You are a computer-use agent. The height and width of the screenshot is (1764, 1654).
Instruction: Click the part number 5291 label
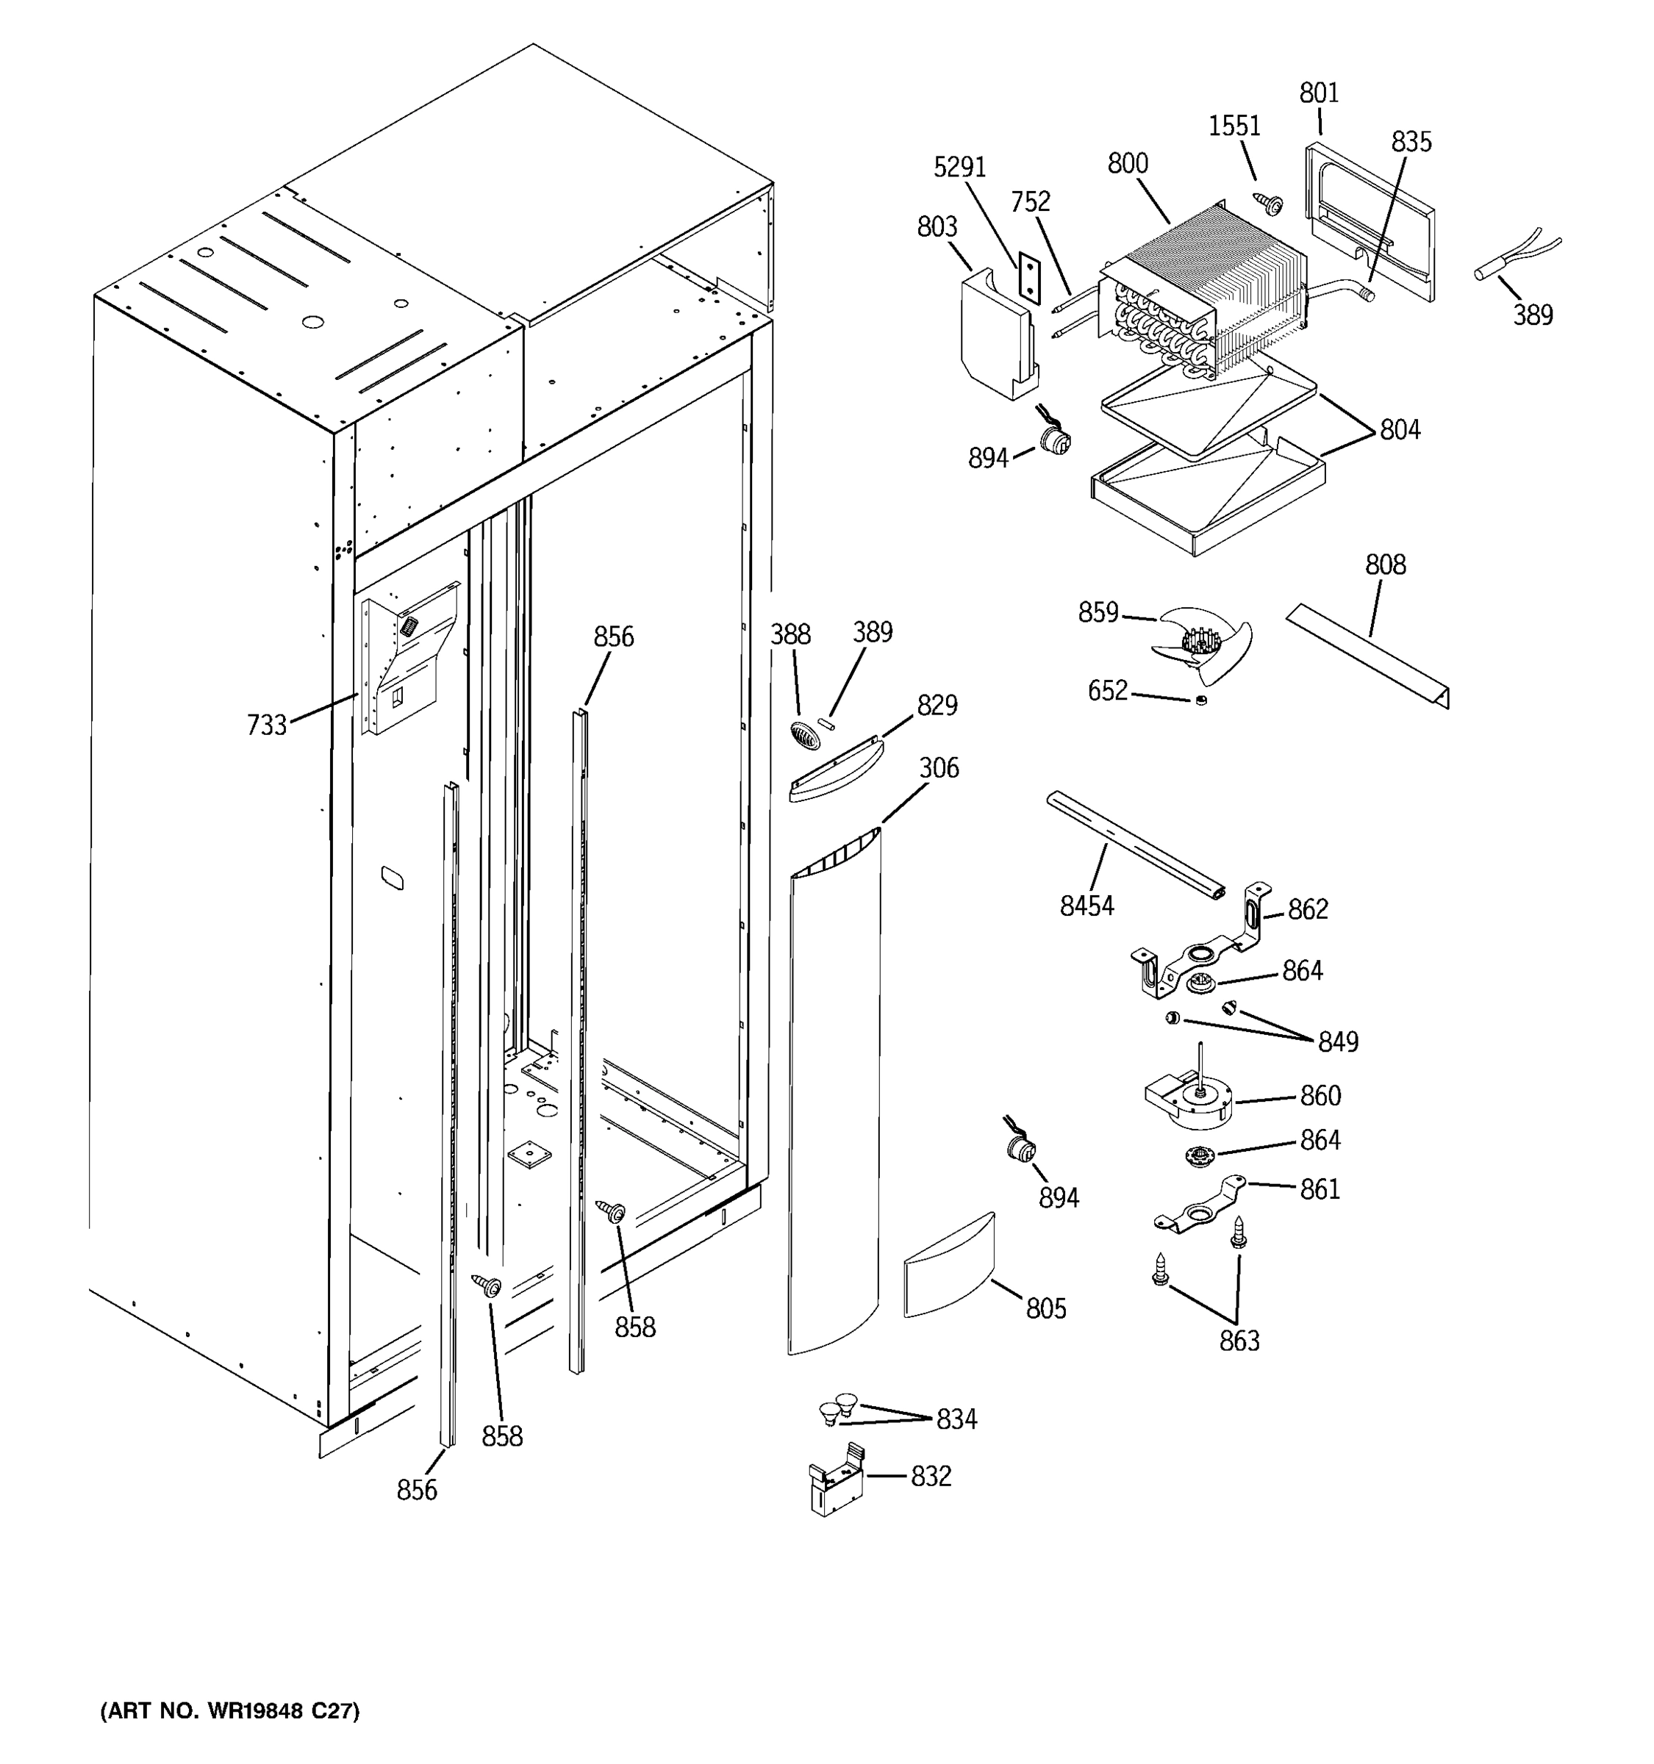(959, 167)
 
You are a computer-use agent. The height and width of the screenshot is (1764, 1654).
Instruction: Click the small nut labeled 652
(1200, 701)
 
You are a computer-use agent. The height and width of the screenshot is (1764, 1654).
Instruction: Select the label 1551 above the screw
(1234, 126)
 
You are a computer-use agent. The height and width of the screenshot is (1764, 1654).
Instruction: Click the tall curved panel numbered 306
(834, 1091)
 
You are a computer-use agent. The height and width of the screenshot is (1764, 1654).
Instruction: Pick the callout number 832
(931, 1477)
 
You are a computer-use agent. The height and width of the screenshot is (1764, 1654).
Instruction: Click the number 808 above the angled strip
(1385, 564)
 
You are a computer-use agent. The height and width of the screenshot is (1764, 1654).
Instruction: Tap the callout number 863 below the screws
(1239, 1340)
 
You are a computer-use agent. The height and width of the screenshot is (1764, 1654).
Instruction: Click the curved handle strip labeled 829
(835, 772)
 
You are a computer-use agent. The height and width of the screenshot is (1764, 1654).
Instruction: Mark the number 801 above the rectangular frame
(1319, 93)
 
